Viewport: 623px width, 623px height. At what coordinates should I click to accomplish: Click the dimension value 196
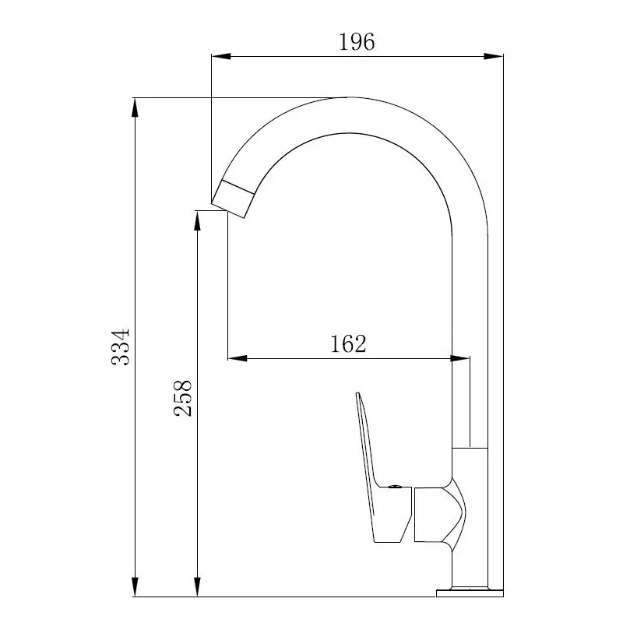point(357,42)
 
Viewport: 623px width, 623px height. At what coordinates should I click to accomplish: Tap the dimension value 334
point(121,347)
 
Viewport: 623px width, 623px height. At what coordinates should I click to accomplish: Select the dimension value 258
point(183,398)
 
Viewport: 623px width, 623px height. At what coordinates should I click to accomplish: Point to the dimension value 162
point(348,344)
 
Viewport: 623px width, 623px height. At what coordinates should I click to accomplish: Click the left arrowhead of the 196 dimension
point(221,56)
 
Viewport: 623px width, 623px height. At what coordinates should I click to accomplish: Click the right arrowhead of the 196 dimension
point(494,56)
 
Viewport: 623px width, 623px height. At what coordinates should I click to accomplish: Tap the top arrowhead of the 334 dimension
point(135,107)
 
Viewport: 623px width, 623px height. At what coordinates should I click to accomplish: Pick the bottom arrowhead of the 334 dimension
point(135,586)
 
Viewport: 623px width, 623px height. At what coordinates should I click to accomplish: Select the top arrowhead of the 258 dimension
point(197,220)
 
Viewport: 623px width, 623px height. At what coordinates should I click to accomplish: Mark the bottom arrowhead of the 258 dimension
point(197,586)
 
